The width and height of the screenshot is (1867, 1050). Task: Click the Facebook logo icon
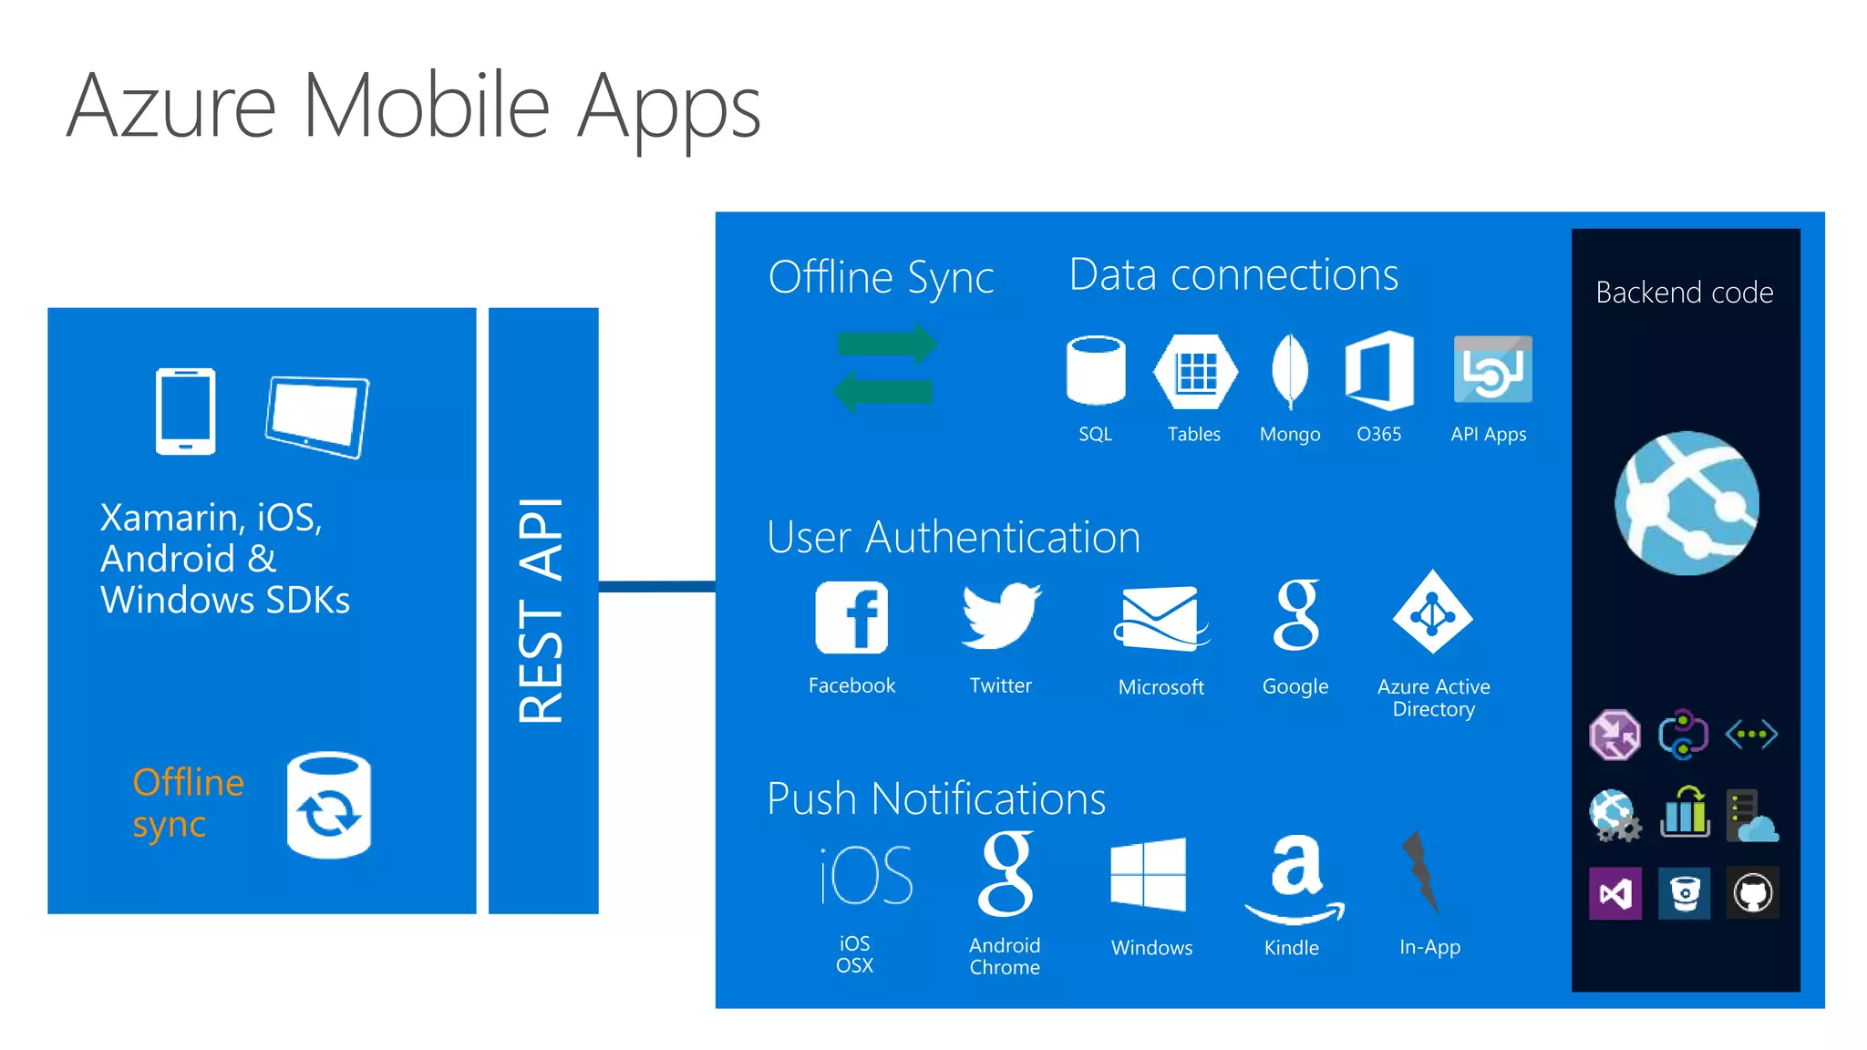pyautogui.click(x=851, y=617)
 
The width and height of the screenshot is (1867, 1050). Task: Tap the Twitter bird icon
pyautogui.click(x=1001, y=616)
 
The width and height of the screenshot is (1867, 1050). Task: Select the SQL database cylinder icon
pyautogui.click(x=1096, y=370)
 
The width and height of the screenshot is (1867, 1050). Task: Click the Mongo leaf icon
pyautogui.click(x=1289, y=370)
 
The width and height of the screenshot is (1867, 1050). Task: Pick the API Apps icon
pyautogui.click(x=1492, y=369)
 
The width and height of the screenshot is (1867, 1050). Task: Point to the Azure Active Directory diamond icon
pyautogui.click(x=1432, y=612)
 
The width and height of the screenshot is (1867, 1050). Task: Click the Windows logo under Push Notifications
pyautogui.click(x=1149, y=875)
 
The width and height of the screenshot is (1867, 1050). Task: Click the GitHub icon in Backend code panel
pyautogui.click(x=1752, y=893)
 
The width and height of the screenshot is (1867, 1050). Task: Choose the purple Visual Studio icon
pyautogui.click(x=1614, y=893)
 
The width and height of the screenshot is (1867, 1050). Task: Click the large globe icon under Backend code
pyautogui.click(x=1686, y=503)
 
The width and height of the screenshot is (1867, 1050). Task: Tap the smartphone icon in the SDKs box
pyautogui.click(x=185, y=411)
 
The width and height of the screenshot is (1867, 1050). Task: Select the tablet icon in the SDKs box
pyautogui.click(x=317, y=417)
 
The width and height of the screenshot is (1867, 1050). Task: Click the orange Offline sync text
pyautogui.click(x=188, y=803)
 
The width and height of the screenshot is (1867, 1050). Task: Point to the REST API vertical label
pyautogui.click(x=542, y=611)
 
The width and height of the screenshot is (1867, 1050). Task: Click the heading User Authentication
pyautogui.click(x=954, y=537)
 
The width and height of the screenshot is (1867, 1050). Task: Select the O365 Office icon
pyautogui.click(x=1379, y=370)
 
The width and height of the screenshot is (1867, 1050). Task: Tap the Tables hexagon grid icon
pyautogui.click(x=1195, y=371)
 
